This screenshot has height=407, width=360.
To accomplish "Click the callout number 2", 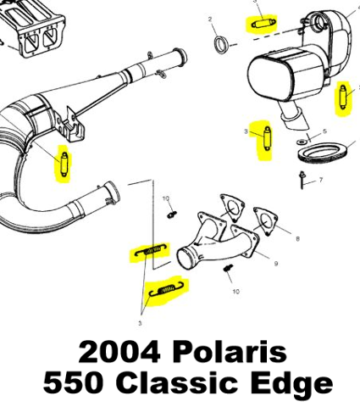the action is click(210, 20).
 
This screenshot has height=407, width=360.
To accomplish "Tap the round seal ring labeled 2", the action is click(221, 44).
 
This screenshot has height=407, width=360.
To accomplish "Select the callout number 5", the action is click(324, 131).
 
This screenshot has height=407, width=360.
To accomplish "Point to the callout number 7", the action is click(321, 180).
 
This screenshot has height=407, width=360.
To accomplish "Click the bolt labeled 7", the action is click(302, 180).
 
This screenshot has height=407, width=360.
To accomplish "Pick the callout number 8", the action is click(297, 239).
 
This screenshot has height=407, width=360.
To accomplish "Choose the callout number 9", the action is click(276, 264).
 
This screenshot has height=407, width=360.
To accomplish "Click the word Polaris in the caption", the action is click(230, 352).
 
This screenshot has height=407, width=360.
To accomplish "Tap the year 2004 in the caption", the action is click(119, 352).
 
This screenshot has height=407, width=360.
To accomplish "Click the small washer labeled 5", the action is click(302, 142).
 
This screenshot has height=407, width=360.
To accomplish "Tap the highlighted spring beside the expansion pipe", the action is click(64, 164).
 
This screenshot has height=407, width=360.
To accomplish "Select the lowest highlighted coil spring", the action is click(165, 290).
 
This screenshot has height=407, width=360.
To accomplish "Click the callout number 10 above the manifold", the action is click(166, 199).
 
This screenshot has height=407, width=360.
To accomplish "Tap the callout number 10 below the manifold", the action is click(235, 291).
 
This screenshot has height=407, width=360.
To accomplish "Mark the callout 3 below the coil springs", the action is click(140, 323).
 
